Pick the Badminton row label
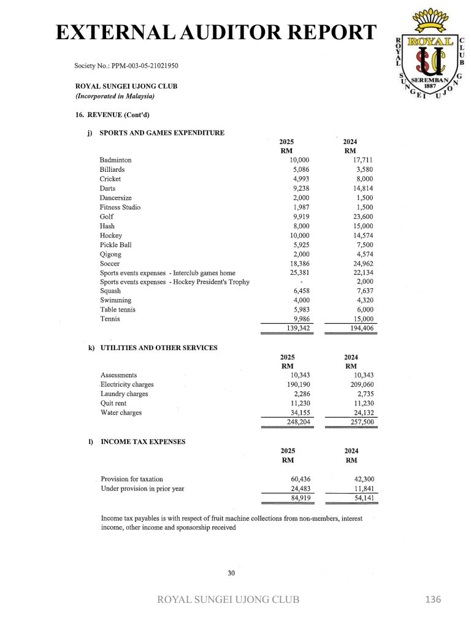pos(115,160)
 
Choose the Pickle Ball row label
pos(115,245)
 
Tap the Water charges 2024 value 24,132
pos(361,413)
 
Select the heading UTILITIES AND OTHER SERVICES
pos(159,348)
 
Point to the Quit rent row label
pos(113,404)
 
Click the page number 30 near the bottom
pos(231,573)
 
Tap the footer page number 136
pos(433,599)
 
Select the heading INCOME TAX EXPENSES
pos(143,441)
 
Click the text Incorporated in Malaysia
pos(115,96)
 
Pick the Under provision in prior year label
pos(142,489)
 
